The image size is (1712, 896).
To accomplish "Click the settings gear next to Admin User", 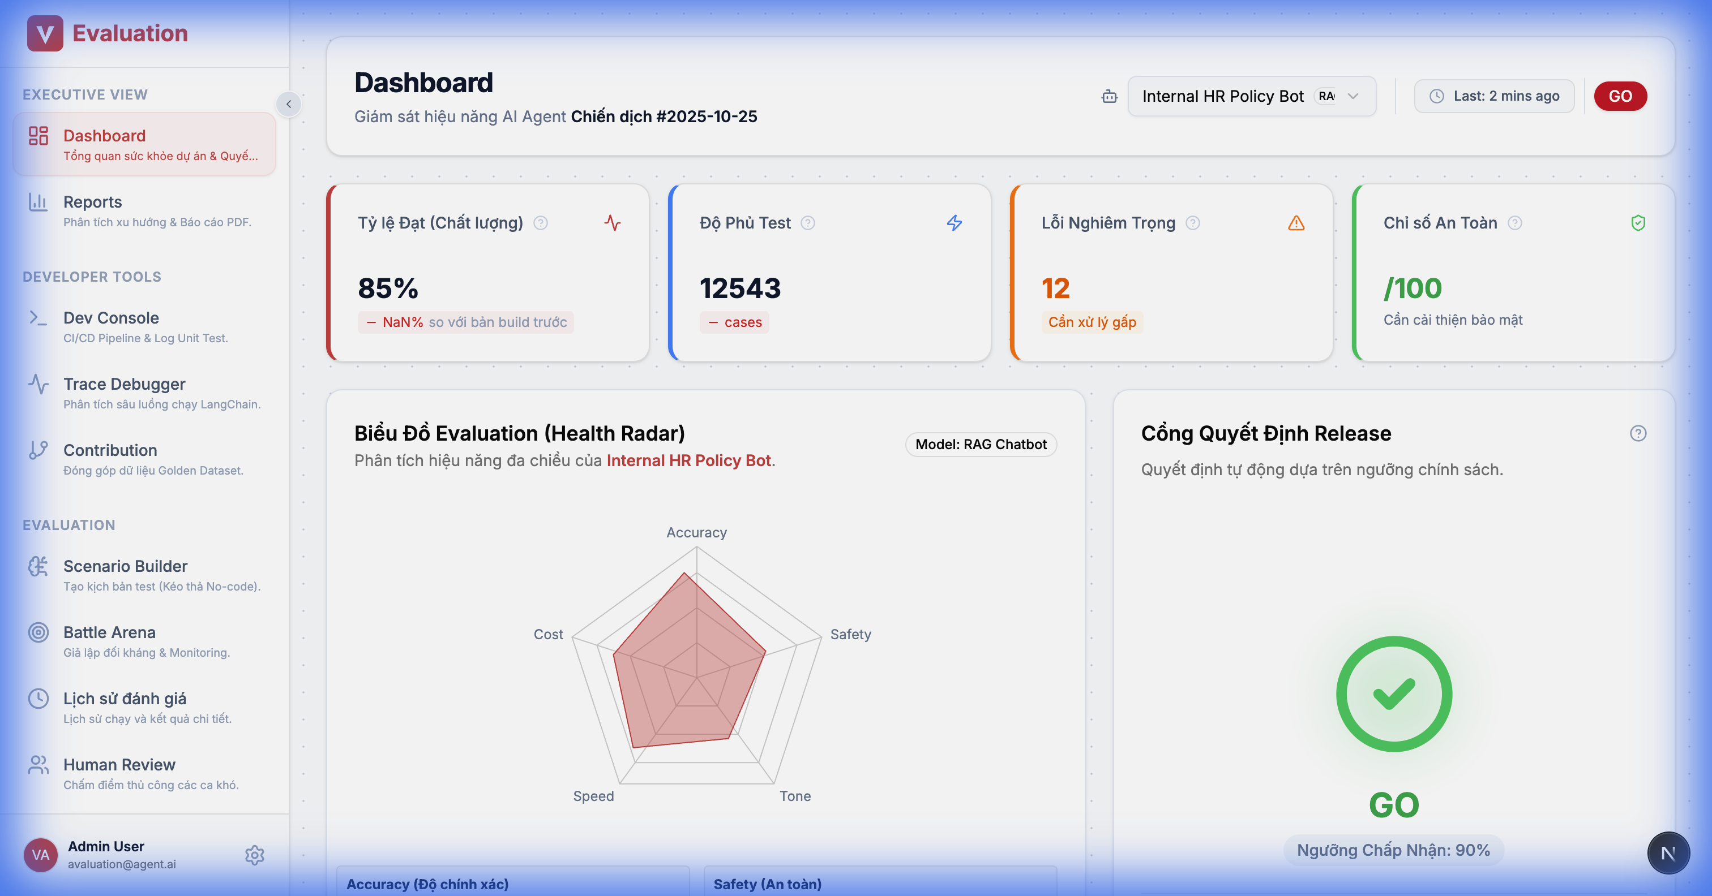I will point(255,855).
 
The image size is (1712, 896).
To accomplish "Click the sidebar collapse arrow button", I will point(288,104).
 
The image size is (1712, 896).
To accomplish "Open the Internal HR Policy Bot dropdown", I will point(1251,96).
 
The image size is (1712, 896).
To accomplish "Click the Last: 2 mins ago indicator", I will point(1494,96).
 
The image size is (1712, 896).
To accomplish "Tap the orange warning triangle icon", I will point(1296,223).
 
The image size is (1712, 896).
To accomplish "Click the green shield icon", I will point(1638,223).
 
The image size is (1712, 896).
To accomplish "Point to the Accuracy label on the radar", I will point(696,533).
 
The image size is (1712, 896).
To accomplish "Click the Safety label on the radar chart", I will point(850,634).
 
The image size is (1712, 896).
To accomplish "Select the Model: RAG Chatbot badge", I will point(981,445).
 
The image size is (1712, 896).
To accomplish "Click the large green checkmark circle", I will point(1394,694).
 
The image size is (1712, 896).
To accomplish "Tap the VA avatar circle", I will point(41,855).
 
